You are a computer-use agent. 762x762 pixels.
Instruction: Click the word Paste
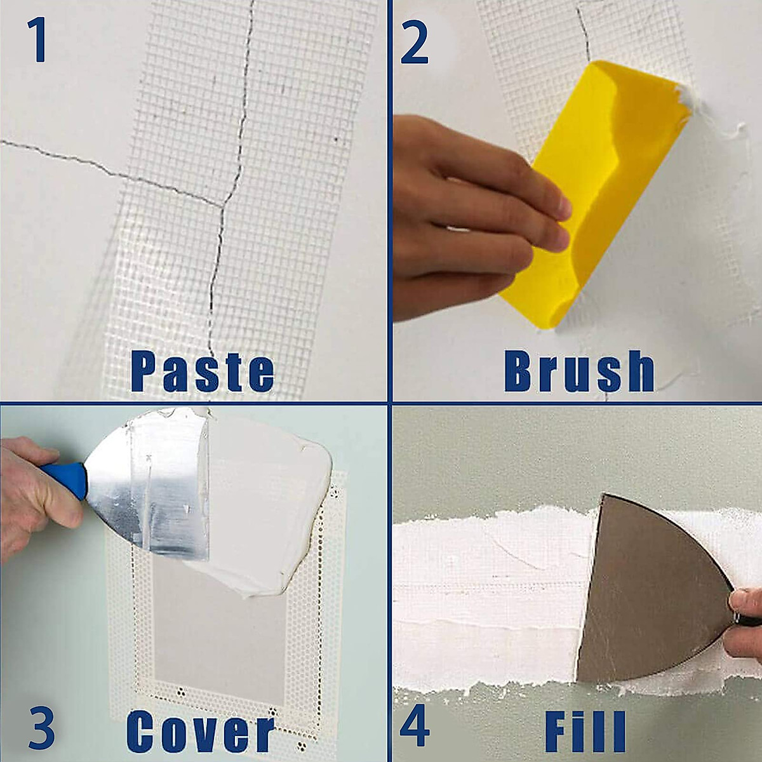(203, 372)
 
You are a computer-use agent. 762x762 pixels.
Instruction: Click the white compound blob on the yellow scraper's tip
(689, 102)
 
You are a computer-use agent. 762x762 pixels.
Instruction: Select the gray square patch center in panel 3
(219, 635)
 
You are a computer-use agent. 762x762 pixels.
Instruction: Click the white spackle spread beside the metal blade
(267, 495)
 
